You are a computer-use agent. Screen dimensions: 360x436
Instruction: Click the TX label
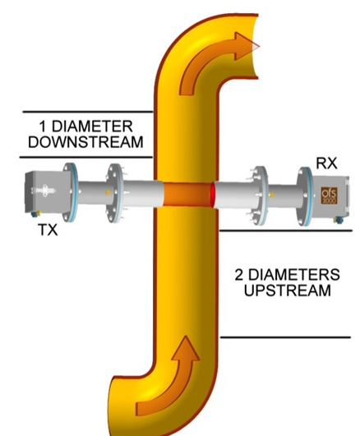(48, 230)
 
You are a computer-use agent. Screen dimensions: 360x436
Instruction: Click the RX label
(326, 163)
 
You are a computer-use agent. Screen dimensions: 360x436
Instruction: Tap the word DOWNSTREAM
(85, 141)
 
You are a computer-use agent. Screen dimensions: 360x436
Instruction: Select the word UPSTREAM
(288, 290)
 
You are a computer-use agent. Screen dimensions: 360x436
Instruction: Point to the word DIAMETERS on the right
(294, 275)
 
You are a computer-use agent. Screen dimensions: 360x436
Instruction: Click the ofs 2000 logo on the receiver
(329, 195)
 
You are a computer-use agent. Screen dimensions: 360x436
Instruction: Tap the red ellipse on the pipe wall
(213, 195)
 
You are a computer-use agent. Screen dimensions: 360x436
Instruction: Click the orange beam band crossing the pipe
(187, 194)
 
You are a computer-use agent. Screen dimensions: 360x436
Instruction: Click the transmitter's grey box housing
(47, 192)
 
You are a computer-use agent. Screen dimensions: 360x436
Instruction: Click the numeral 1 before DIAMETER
(43, 127)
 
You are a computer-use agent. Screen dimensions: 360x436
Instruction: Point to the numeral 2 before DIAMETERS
(239, 275)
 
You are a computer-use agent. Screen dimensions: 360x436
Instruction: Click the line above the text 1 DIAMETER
(87, 112)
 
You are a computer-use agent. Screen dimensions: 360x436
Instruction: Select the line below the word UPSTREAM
(285, 337)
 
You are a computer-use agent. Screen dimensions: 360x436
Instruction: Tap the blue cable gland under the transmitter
(35, 214)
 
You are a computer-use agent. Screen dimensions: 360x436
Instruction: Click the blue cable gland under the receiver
(339, 220)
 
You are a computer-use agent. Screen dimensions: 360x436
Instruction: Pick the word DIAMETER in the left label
(92, 127)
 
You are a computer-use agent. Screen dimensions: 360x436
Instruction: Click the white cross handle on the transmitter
(44, 191)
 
